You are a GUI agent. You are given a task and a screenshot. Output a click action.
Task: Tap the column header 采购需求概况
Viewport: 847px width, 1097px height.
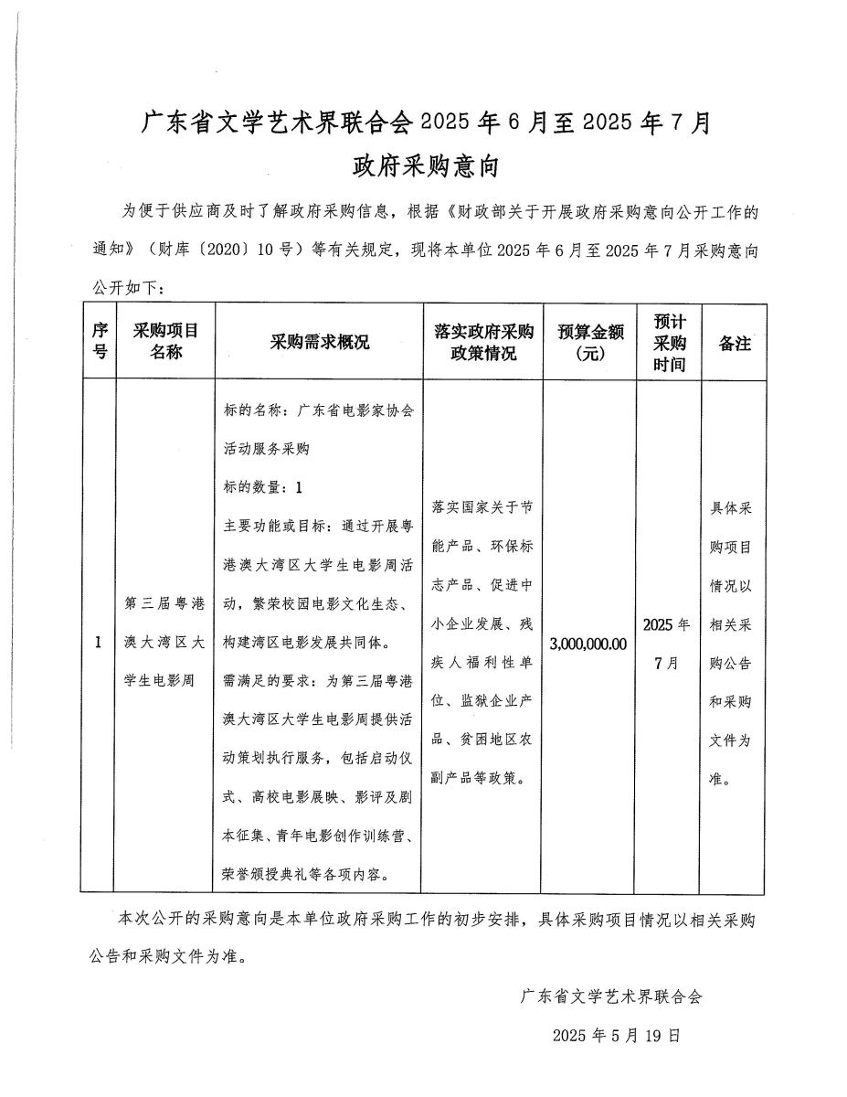(319, 343)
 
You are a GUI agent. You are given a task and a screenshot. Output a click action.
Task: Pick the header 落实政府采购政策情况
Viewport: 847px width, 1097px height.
(483, 342)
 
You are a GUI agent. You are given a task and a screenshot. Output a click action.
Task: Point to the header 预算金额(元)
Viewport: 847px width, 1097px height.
(590, 342)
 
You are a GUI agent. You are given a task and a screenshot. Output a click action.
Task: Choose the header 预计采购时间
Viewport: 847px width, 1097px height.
(669, 342)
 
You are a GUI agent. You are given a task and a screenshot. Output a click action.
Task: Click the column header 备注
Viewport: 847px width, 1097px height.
(734, 343)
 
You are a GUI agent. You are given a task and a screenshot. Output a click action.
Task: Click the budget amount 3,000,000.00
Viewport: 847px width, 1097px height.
(590, 644)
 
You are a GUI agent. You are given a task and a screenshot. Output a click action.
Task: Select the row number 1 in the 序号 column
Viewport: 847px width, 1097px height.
(98, 644)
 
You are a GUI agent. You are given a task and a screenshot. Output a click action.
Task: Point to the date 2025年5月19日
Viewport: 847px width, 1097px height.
(616, 1036)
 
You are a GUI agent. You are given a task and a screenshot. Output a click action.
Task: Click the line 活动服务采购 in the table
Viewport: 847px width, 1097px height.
(267, 449)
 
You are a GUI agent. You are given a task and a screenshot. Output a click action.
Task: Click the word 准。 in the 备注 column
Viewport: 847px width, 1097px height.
(720, 779)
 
